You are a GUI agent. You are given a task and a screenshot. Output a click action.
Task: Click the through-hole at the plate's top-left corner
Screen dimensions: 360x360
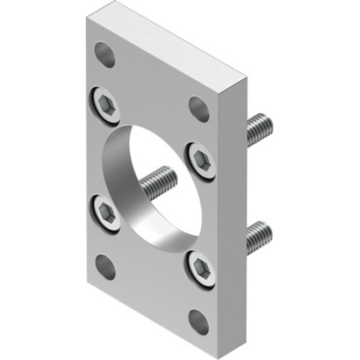click(x=106, y=54)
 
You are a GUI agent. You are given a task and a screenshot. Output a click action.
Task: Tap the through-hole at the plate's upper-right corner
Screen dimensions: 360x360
click(x=199, y=108)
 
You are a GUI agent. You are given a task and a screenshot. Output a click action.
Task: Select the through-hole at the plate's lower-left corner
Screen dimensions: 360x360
click(x=106, y=267)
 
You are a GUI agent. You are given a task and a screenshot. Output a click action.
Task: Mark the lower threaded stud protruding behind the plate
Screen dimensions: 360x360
click(x=258, y=237)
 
